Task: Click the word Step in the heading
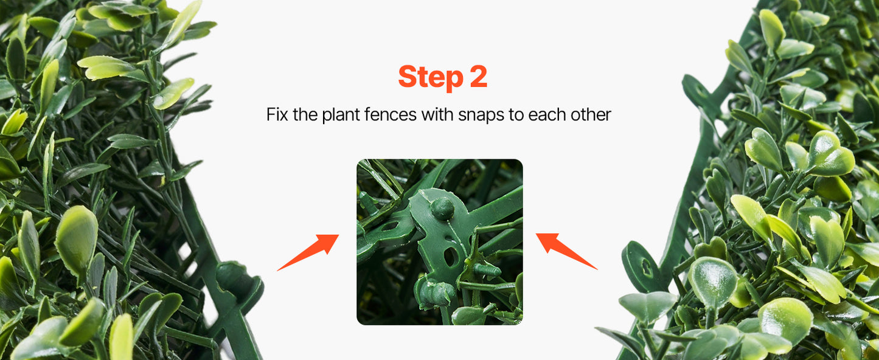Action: point(431,77)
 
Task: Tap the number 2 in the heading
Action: point(478,76)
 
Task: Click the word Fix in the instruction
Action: point(277,114)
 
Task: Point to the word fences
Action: point(390,114)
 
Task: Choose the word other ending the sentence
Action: point(591,114)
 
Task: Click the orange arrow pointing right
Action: point(308,252)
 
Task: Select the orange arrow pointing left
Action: point(566,251)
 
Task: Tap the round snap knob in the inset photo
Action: point(442,208)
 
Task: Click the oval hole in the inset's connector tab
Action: point(451,257)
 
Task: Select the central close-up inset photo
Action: point(439,241)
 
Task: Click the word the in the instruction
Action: point(305,114)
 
